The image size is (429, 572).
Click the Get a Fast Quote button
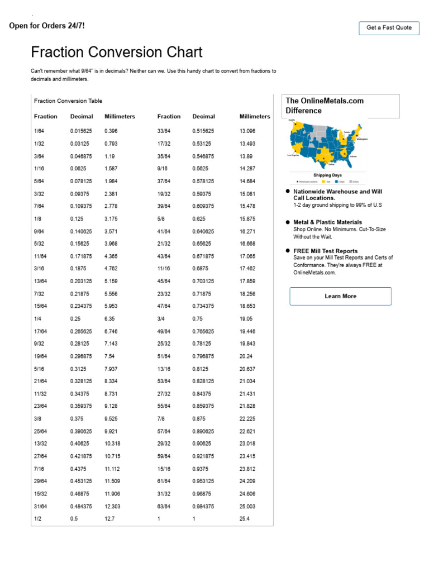click(x=389, y=28)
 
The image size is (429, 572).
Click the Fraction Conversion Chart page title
click(x=117, y=53)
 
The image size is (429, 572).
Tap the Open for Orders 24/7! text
click(x=47, y=26)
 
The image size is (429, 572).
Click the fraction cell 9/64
click(x=39, y=231)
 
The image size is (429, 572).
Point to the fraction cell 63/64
click(x=164, y=507)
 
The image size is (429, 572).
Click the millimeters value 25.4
click(x=245, y=519)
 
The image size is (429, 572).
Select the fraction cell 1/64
click(x=39, y=131)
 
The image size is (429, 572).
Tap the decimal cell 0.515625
click(x=206, y=131)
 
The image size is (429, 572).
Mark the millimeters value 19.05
click(x=247, y=319)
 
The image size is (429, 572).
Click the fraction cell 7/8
click(x=162, y=418)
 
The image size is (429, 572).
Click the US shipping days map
click(x=326, y=144)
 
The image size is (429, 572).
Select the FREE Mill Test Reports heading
click(x=326, y=251)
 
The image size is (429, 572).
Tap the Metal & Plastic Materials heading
click(x=327, y=222)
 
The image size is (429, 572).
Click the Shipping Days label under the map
click(x=327, y=175)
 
